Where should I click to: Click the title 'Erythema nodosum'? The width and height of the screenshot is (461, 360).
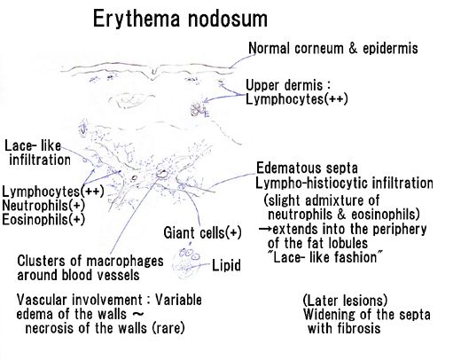pyautogui.click(x=180, y=20)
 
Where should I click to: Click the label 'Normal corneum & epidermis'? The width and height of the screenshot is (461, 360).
pyautogui.click(x=333, y=49)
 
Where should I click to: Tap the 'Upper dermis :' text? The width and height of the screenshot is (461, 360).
pyautogui.click(x=287, y=85)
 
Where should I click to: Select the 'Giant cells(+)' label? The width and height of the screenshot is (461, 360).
pyautogui.click(x=202, y=232)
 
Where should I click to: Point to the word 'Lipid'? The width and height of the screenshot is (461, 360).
pyautogui.click(x=226, y=265)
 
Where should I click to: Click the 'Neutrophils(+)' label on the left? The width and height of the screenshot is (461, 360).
pyautogui.click(x=43, y=206)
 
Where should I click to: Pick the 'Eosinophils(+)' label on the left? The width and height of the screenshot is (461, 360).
pyautogui.click(x=43, y=220)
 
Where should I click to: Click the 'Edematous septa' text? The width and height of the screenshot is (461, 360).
pyautogui.click(x=307, y=168)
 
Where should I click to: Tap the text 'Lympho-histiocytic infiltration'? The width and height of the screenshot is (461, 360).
pyautogui.click(x=344, y=184)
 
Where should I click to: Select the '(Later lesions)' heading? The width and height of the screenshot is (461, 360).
pyautogui.click(x=345, y=301)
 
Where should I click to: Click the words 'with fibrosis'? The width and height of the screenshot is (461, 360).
pyautogui.click(x=344, y=328)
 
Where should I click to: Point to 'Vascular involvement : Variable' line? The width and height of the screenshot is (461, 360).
pyautogui.click(x=109, y=300)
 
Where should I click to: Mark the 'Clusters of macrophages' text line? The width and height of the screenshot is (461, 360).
pyautogui.click(x=90, y=261)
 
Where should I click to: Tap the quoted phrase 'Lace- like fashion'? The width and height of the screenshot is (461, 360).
pyautogui.click(x=324, y=257)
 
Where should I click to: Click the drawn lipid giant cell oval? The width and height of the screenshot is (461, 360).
pyautogui.click(x=187, y=262)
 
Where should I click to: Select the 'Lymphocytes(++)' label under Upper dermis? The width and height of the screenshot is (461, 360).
pyautogui.click(x=297, y=99)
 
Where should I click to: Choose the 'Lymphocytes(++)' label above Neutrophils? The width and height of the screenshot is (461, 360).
pyautogui.click(x=53, y=192)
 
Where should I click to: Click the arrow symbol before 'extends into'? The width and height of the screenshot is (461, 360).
pyautogui.click(x=265, y=229)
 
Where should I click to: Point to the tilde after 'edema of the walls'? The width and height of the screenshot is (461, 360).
pyautogui.click(x=137, y=313)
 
